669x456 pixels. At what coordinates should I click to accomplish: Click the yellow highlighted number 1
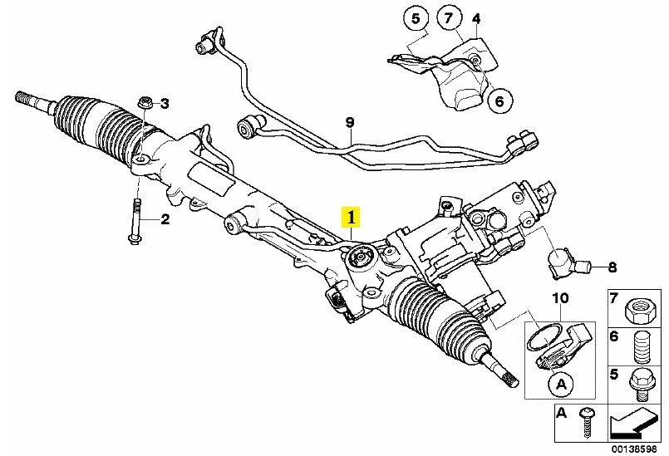click(352, 218)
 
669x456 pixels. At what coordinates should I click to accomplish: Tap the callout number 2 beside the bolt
click(165, 219)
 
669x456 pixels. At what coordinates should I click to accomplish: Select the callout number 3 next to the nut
click(165, 104)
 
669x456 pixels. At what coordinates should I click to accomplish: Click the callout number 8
click(612, 267)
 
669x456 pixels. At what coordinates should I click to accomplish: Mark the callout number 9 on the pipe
click(350, 123)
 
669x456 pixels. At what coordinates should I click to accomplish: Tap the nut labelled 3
click(145, 102)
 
